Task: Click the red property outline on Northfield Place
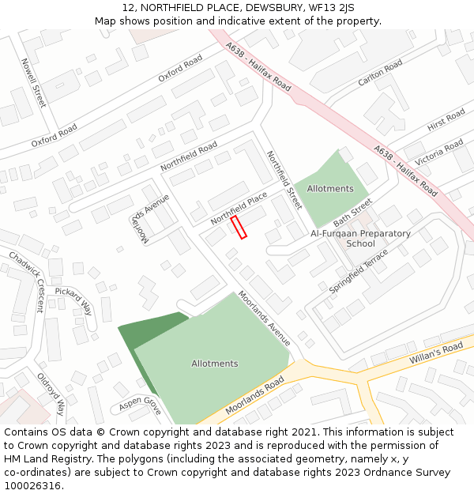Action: click(x=239, y=227)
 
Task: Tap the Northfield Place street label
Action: click(x=239, y=207)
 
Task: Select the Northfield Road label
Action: click(x=189, y=156)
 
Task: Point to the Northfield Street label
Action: click(x=284, y=179)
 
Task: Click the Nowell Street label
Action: click(x=34, y=82)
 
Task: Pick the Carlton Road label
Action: click(x=380, y=72)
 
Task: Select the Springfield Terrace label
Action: click(x=359, y=272)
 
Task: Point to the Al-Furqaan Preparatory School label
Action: click(x=360, y=239)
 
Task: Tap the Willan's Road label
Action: click(x=436, y=353)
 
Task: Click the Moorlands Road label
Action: click(x=254, y=395)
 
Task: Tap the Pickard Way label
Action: click(x=73, y=300)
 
